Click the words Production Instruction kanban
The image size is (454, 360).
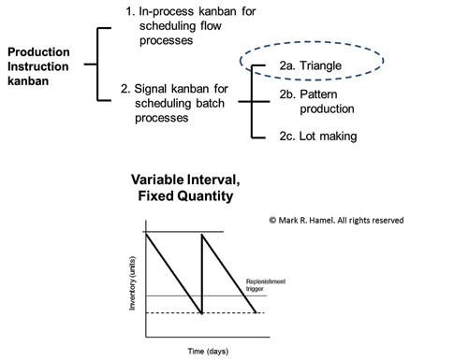38,66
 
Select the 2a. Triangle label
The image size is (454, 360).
311,65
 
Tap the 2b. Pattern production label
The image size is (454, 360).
316,102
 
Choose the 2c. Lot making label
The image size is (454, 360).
318,137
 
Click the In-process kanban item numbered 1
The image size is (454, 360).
191,26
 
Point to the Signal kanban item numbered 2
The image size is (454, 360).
174,103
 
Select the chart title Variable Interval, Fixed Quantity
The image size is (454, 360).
185,188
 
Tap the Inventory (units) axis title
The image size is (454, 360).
132,283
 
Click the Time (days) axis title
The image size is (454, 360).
208,352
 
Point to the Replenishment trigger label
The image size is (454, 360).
266,285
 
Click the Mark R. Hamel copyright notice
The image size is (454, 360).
336,221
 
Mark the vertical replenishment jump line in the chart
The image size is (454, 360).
202,274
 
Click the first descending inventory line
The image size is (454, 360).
174,273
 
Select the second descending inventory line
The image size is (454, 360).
229,273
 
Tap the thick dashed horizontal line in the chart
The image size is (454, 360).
205,312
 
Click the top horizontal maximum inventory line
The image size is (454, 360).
183,232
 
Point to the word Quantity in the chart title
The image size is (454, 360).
205,196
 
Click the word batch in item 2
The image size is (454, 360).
211,103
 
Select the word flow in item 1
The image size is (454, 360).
211,26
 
